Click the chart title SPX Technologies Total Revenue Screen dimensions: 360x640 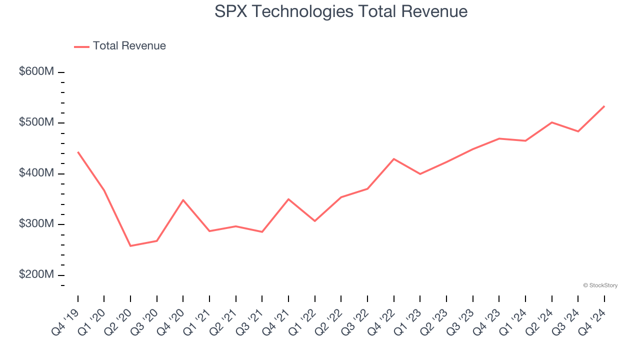[x=341, y=11]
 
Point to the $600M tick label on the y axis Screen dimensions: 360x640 [x=36, y=72]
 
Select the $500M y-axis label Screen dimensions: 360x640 [x=36, y=122]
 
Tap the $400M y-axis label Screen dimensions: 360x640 [x=36, y=173]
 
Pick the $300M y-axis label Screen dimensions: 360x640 [x=36, y=224]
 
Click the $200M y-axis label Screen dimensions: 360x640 [x=36, y=274]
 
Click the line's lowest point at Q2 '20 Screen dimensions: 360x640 [x=130, y=245]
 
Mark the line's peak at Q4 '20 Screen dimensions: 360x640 [x=183, y=200]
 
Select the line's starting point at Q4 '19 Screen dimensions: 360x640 [x=78, y=152]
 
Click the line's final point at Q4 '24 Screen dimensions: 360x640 [x=604, y=106]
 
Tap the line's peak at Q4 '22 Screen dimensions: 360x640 [x=394, y=159]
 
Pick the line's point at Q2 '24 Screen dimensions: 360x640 [x=551, y=122]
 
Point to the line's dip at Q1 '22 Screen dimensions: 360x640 [x=315, y=221]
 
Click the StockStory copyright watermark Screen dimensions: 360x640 [x=600, y=285]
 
